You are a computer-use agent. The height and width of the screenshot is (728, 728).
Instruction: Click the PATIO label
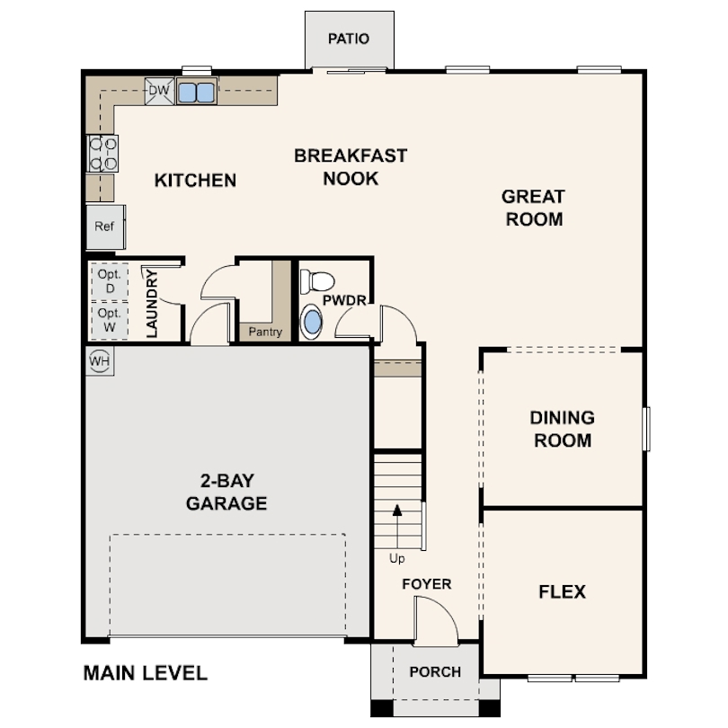[349, 39]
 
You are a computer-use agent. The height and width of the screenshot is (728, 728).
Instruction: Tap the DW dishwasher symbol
[159, 90]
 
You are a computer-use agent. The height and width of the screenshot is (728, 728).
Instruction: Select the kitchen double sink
[197, 91]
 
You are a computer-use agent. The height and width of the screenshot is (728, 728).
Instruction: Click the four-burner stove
[102, 153]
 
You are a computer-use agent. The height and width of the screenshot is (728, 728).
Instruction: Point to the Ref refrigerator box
[105, 226]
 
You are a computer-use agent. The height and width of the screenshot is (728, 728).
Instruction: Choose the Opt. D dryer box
[110, 281]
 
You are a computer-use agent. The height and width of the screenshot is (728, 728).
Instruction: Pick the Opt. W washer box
[110, 320]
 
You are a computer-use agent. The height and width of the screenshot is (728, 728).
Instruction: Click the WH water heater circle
[99, 360]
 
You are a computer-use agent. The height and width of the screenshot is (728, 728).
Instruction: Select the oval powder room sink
[311, 323]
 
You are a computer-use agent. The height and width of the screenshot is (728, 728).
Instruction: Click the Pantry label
[265, 332]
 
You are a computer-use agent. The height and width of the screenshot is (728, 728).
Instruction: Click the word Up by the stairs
[397, 558]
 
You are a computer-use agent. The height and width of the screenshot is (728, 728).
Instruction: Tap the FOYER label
[426, 584]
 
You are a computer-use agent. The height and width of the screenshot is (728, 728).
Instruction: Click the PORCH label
[435, 671]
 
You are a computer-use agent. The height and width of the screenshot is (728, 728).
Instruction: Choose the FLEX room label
[562, 591]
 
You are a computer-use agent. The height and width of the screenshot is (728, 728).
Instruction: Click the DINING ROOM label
[562, 429]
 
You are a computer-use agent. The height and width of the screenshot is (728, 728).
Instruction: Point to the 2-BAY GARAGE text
[226, 491]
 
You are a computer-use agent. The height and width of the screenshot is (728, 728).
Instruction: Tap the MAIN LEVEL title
[145, 672]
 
